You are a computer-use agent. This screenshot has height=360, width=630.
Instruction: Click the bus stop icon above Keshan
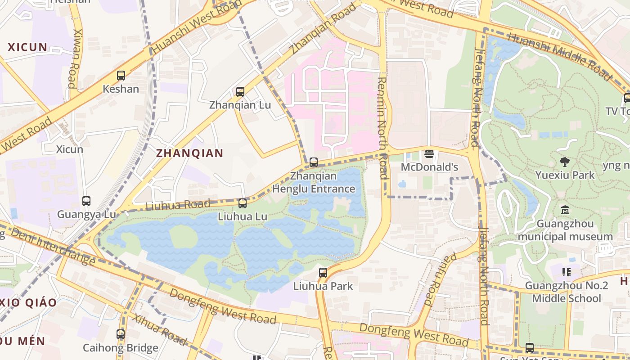121,76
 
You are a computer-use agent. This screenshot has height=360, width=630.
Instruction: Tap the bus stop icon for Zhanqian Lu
240,92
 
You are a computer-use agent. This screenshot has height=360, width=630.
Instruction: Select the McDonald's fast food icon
429,154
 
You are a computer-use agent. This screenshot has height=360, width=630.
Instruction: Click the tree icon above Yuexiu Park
565,162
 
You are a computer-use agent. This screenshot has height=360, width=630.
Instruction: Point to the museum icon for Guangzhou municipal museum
565,210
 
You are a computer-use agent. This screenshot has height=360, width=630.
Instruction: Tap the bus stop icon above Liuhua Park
323,272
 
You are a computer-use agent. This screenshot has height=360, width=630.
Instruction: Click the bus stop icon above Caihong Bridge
120,334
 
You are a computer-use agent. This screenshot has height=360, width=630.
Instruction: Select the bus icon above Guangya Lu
86,201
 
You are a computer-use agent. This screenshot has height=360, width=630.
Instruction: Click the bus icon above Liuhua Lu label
243,203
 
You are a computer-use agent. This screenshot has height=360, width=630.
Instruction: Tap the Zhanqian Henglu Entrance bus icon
314,162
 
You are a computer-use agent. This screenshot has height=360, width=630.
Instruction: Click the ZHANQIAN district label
189,153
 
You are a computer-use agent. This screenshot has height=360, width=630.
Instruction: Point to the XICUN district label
27,47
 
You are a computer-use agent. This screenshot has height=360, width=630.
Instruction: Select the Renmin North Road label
382,128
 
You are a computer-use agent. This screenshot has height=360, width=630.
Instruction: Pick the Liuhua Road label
178,205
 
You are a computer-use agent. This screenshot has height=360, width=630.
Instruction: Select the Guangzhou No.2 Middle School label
566,292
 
